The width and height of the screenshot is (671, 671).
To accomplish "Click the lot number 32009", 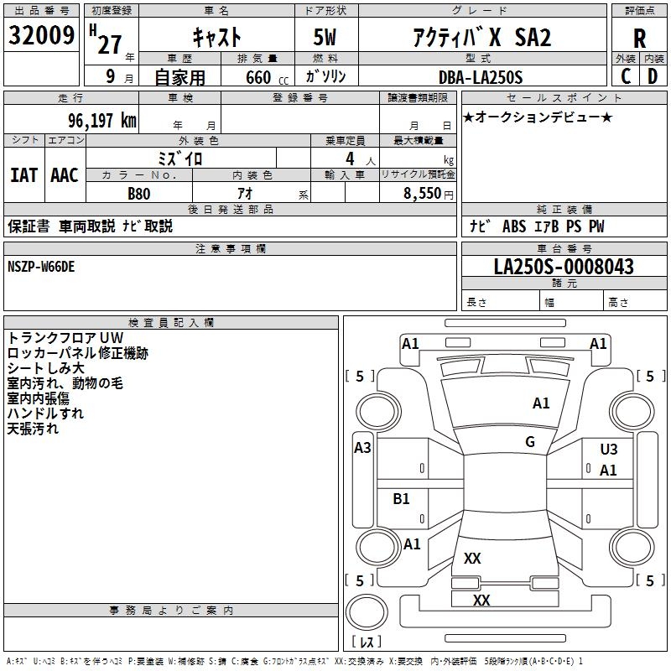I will [42, 35].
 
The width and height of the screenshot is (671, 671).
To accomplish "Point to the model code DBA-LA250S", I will [480, 77].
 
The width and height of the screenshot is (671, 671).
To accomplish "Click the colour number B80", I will [139, 193].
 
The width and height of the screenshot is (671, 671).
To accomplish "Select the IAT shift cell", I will [23, 175].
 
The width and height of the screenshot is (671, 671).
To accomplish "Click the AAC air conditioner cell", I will [65, 175].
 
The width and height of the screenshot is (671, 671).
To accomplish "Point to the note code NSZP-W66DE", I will [41, 266].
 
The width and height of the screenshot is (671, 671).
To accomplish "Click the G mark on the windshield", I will [530, 442].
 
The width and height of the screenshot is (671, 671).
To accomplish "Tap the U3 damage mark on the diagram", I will [609, 450].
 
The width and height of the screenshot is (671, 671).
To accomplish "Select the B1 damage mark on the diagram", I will [402, 499].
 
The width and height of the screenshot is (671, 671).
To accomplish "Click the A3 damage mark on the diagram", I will [362, 448].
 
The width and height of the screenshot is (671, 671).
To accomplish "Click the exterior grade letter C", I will [626, 75].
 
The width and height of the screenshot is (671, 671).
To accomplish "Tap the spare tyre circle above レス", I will [367, 612].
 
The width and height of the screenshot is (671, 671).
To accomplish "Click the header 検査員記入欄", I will [171, 323].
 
